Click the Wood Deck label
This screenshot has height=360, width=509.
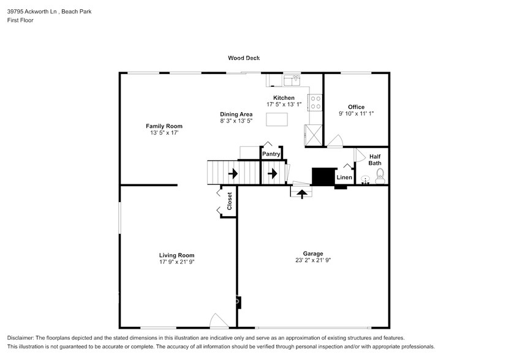click(x=244, y=58)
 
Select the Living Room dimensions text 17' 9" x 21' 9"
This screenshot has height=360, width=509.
click(x=176, y=262)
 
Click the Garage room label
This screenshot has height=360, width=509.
click(x=312, y=253)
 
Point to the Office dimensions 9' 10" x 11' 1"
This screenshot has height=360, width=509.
click(x=356, y=113)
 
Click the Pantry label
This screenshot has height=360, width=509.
click(x=271, y=154)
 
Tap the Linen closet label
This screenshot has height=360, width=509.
click(x=344, y=178)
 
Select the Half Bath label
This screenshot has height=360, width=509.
click(x=375, y=160)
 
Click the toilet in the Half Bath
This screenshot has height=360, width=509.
click(x=379, y=178)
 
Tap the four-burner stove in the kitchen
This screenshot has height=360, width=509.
click(x=315, y=102)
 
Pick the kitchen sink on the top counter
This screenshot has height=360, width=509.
click(x=292, y=80)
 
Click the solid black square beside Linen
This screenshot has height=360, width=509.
click(x=323, y=176)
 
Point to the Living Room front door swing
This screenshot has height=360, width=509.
click(x=218, y=320)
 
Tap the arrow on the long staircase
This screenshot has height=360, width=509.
click(x=233, y=174)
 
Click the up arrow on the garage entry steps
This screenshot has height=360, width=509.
click(x=301, y=193)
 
